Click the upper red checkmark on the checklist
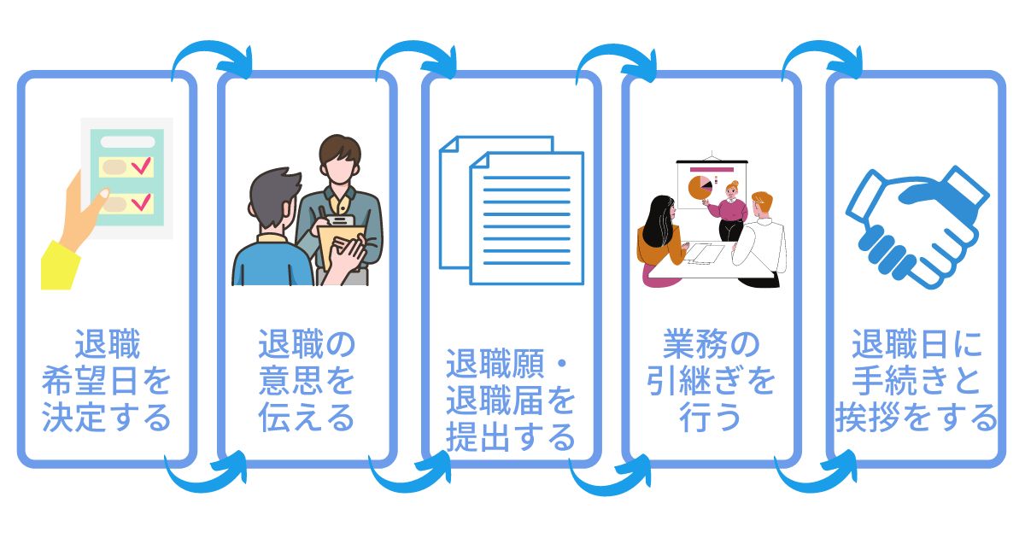tap(142, 165)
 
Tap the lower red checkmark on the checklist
tap(142, 202)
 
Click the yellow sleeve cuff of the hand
tap(60, 266)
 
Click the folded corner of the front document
tap(479, 161)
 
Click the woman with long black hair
tap(661, 240)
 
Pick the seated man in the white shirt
tap(759, 239)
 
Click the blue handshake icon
tap(917, 227)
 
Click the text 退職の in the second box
tap(307, 344)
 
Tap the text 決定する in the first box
tap(106, 418)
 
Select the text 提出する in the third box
tap(511, 437)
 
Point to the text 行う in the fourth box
tap(710, 418)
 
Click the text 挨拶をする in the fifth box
tap(916, 418)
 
